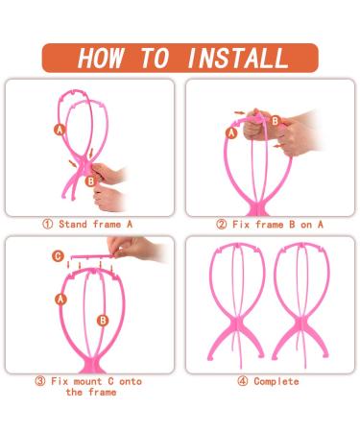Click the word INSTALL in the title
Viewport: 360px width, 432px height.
tap(238, 58)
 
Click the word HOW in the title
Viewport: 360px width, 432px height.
tap(101, 58)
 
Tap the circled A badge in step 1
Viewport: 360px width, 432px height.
tap(60, 130)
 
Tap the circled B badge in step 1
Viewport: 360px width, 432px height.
tap(91, 181)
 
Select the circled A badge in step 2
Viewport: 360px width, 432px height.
tap(231, 132)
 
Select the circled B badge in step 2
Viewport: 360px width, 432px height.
tap(276, 121)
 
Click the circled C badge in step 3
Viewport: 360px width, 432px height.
tap(58, 256)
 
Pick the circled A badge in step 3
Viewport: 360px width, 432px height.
tap(60, 300)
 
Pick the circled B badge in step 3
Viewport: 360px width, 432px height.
tap(103, 321)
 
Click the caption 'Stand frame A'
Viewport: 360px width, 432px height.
tap(95, 224)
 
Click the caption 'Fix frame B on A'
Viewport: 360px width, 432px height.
tap(277, 225)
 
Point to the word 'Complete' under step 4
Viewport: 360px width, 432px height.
tap(276, 381)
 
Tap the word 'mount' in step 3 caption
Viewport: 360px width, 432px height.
tap(87, 381)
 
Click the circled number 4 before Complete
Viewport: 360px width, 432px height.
tap(243, 381)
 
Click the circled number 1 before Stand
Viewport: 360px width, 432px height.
tap(48, 224)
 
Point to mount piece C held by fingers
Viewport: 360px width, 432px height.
tap(92, 257)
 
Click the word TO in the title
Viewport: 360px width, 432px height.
tap(155, 58)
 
